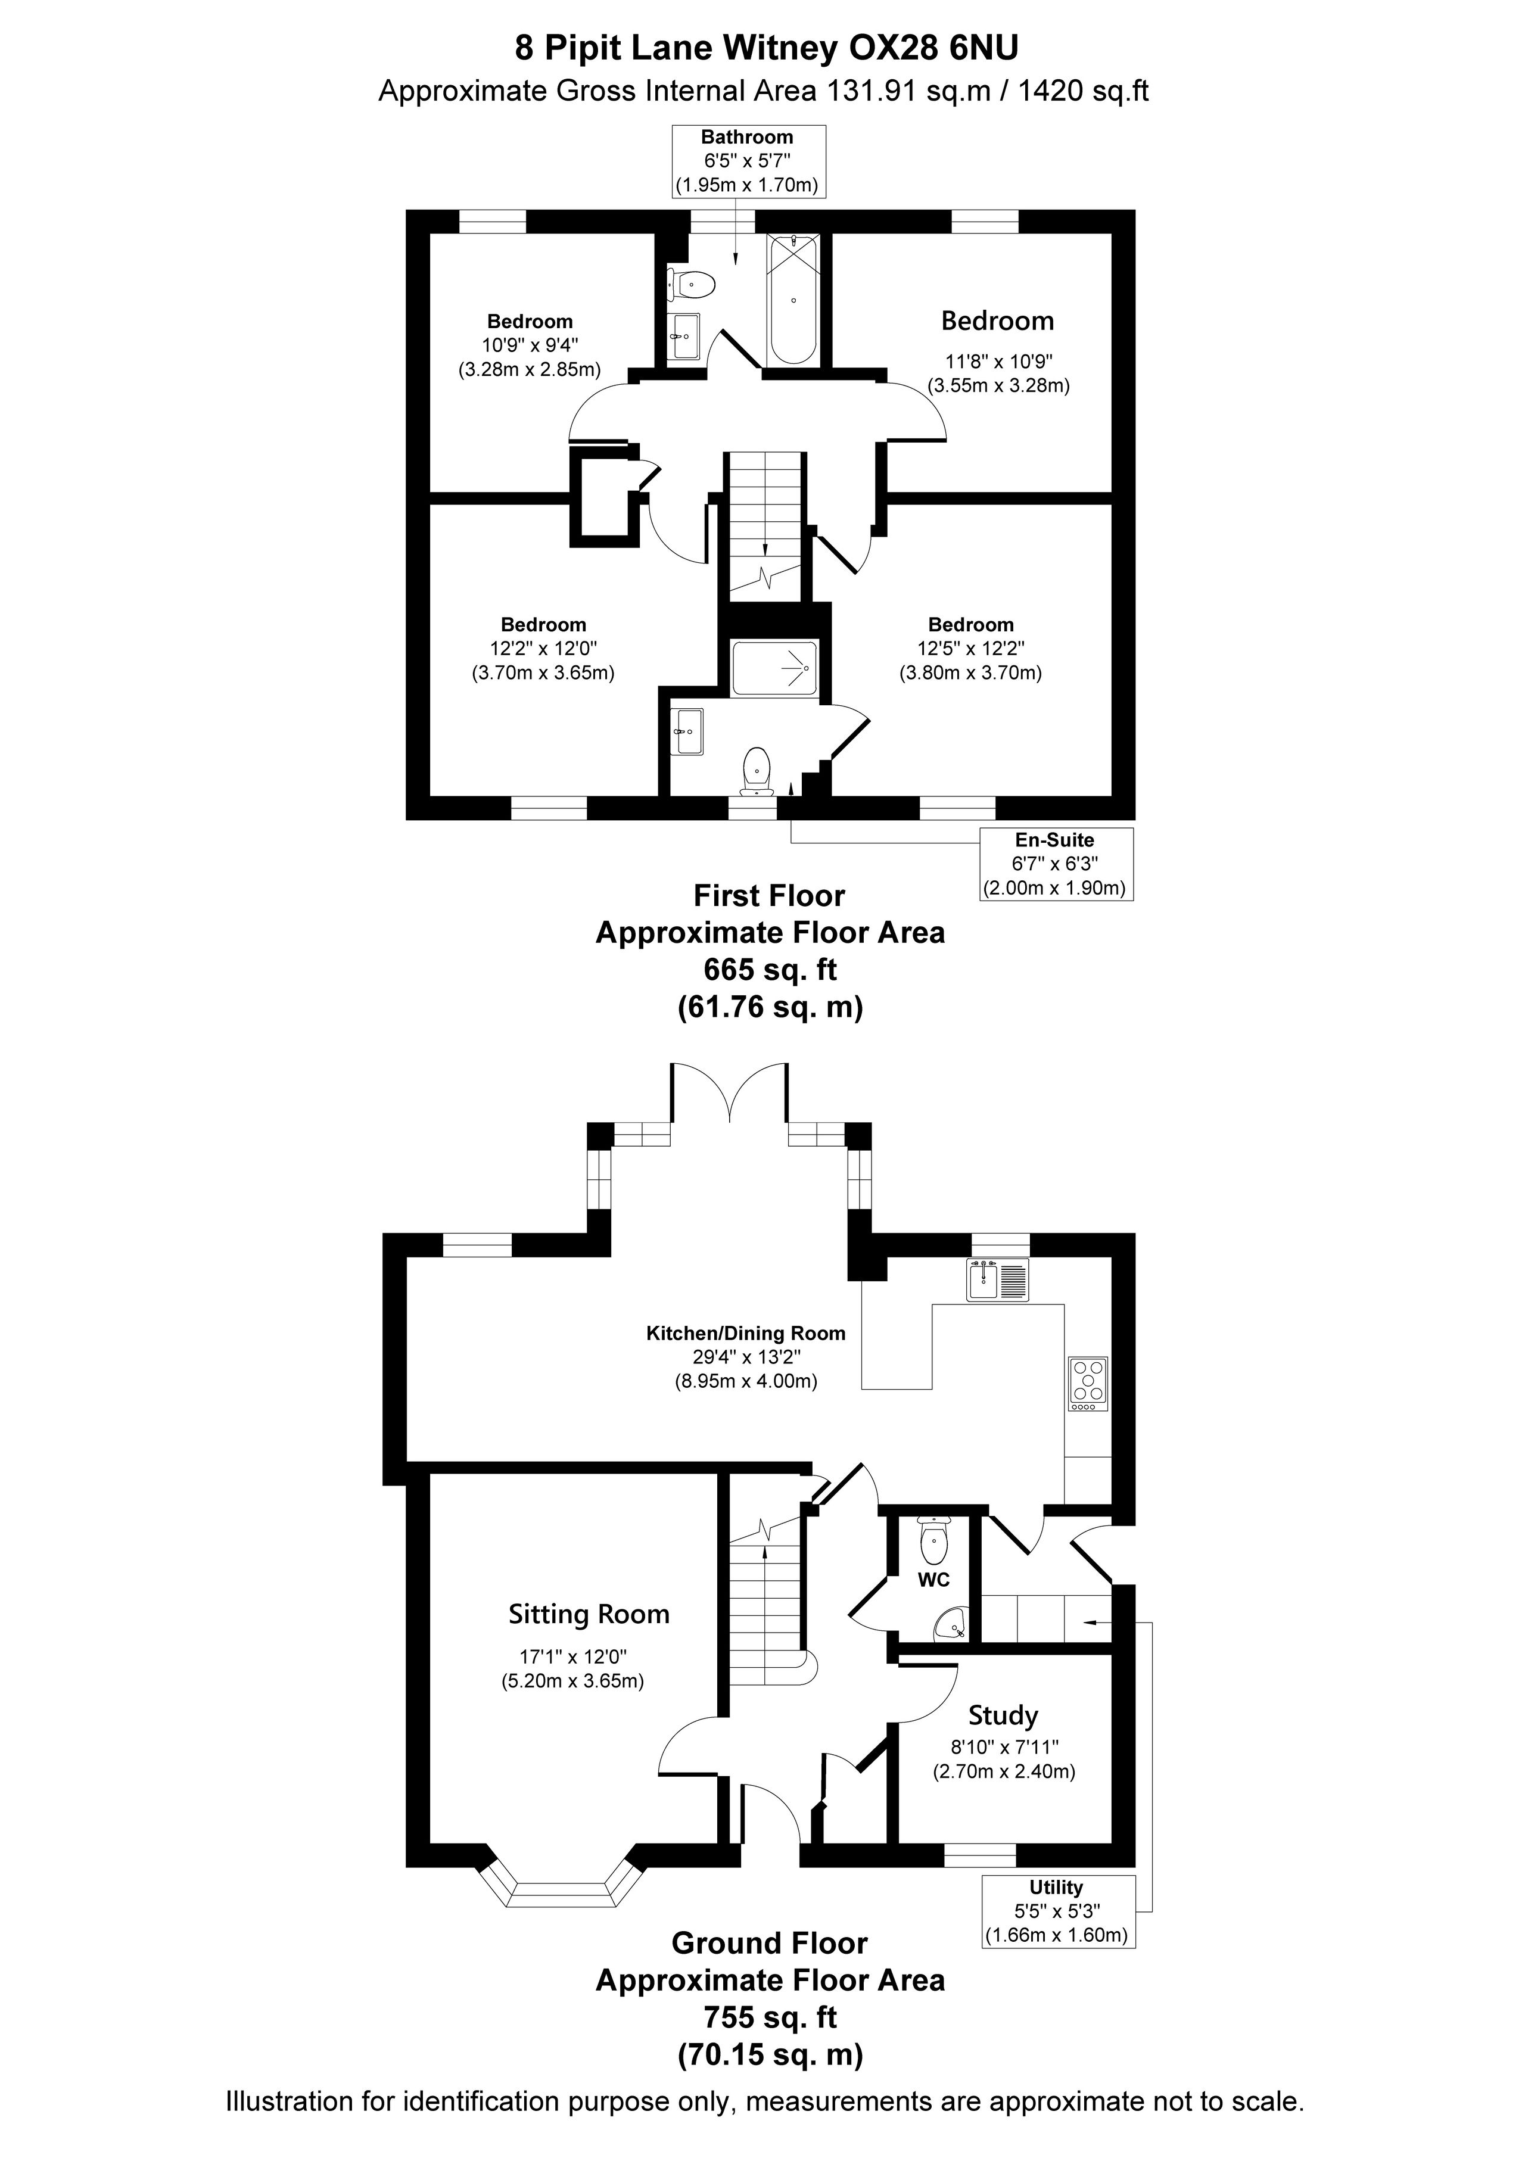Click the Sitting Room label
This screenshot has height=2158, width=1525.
pyautogui.click(x=589, y=1615)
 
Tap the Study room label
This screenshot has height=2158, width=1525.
pyautogui.click(x=1003, y=1716)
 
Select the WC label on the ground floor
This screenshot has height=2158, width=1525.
pyautogui.click(x=933, y=1580)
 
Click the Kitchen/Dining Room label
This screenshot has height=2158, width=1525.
pyautogui.click(x=746, y=1334)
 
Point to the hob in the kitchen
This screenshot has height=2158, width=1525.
pyautogui.click(x=1089, y=1384)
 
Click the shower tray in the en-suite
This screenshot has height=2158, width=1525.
pyautogui.click(x=776, y=668)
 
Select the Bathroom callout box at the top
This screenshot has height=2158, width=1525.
pyautogui.click(x=748, y=161)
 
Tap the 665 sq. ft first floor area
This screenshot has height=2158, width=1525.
pyautogui.click(x=770, y=969)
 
